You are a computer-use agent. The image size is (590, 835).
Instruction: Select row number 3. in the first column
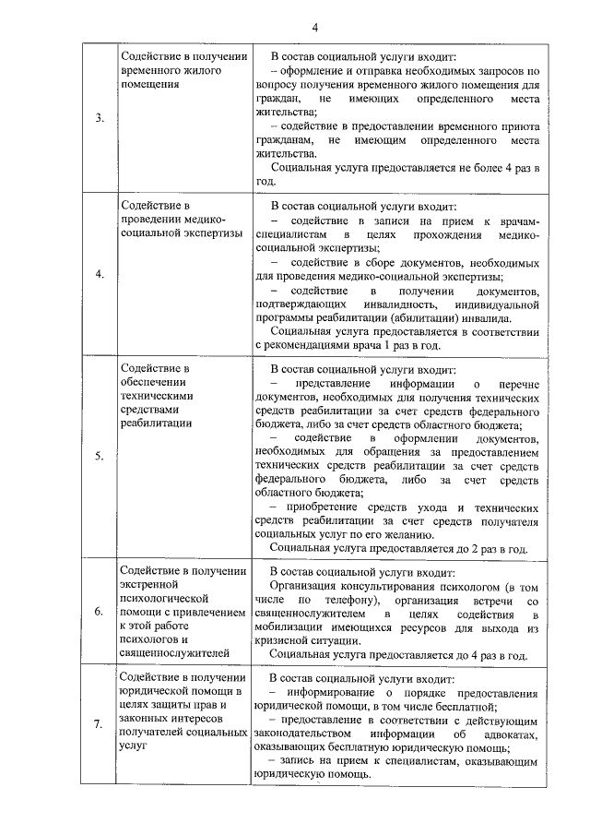(x=100, y=118)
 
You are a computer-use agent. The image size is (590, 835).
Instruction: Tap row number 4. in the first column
(x=100, y=274)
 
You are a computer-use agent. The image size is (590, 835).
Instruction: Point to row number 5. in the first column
(x=100, y=456)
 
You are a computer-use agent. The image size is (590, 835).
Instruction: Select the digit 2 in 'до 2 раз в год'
(x=478, y=548)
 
